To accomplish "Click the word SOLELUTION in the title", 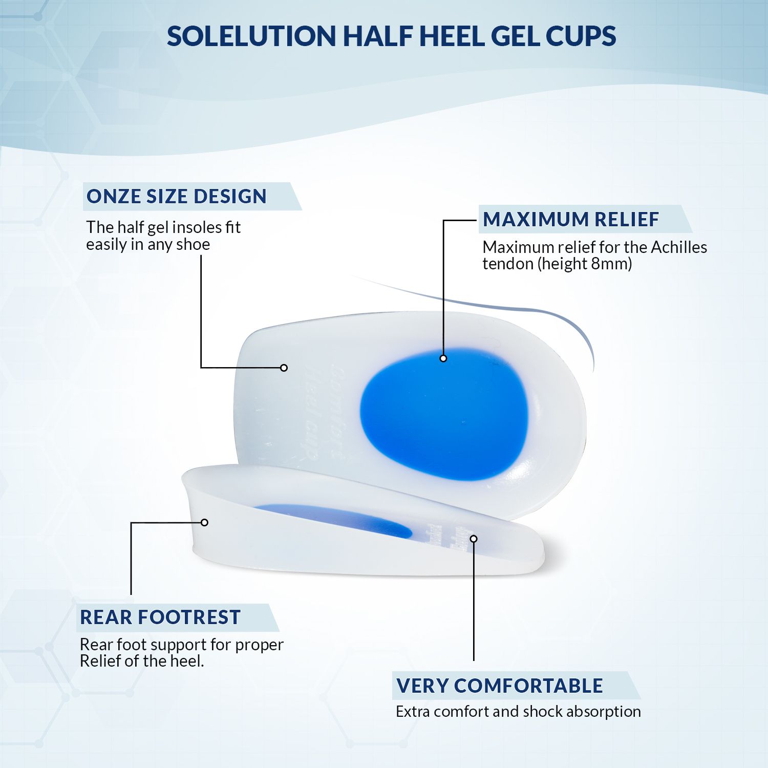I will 251,36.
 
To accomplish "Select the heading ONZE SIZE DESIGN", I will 177,197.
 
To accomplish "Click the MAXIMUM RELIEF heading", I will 571,220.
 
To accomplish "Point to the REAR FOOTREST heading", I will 160,617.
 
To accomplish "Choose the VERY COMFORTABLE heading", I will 500,686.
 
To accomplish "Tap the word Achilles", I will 679,247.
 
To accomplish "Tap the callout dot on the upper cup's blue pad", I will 443,358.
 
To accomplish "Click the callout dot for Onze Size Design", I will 284,368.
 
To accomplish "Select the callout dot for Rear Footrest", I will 204,522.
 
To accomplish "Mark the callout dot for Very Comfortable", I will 474,539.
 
